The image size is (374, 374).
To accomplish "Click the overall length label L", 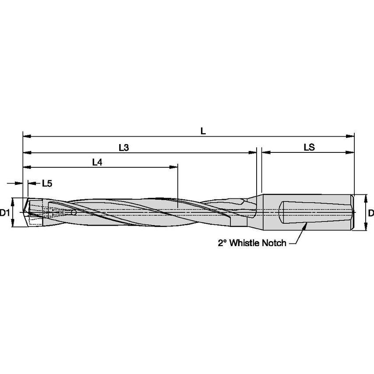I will click(x=203, y=131).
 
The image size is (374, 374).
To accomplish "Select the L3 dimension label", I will click(x=123, y=148).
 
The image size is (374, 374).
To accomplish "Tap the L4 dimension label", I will click(x=97, y=162).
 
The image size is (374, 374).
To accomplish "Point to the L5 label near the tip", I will click(x=47, y=184).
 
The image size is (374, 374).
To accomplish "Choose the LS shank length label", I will click(x=309, y=148).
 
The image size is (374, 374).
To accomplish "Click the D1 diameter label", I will click(x=5, y=213).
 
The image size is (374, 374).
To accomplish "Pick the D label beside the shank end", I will click(x=370, y=213).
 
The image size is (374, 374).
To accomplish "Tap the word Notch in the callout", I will click(x=275, y=243).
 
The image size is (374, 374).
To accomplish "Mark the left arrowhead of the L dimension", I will click(x=26, y=136).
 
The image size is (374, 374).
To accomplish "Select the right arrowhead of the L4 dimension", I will click(x=175, y=167).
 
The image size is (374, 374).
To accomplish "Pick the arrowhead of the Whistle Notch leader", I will click(x=305, y=224).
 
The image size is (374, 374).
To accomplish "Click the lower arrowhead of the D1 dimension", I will click(x=14, y=225).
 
